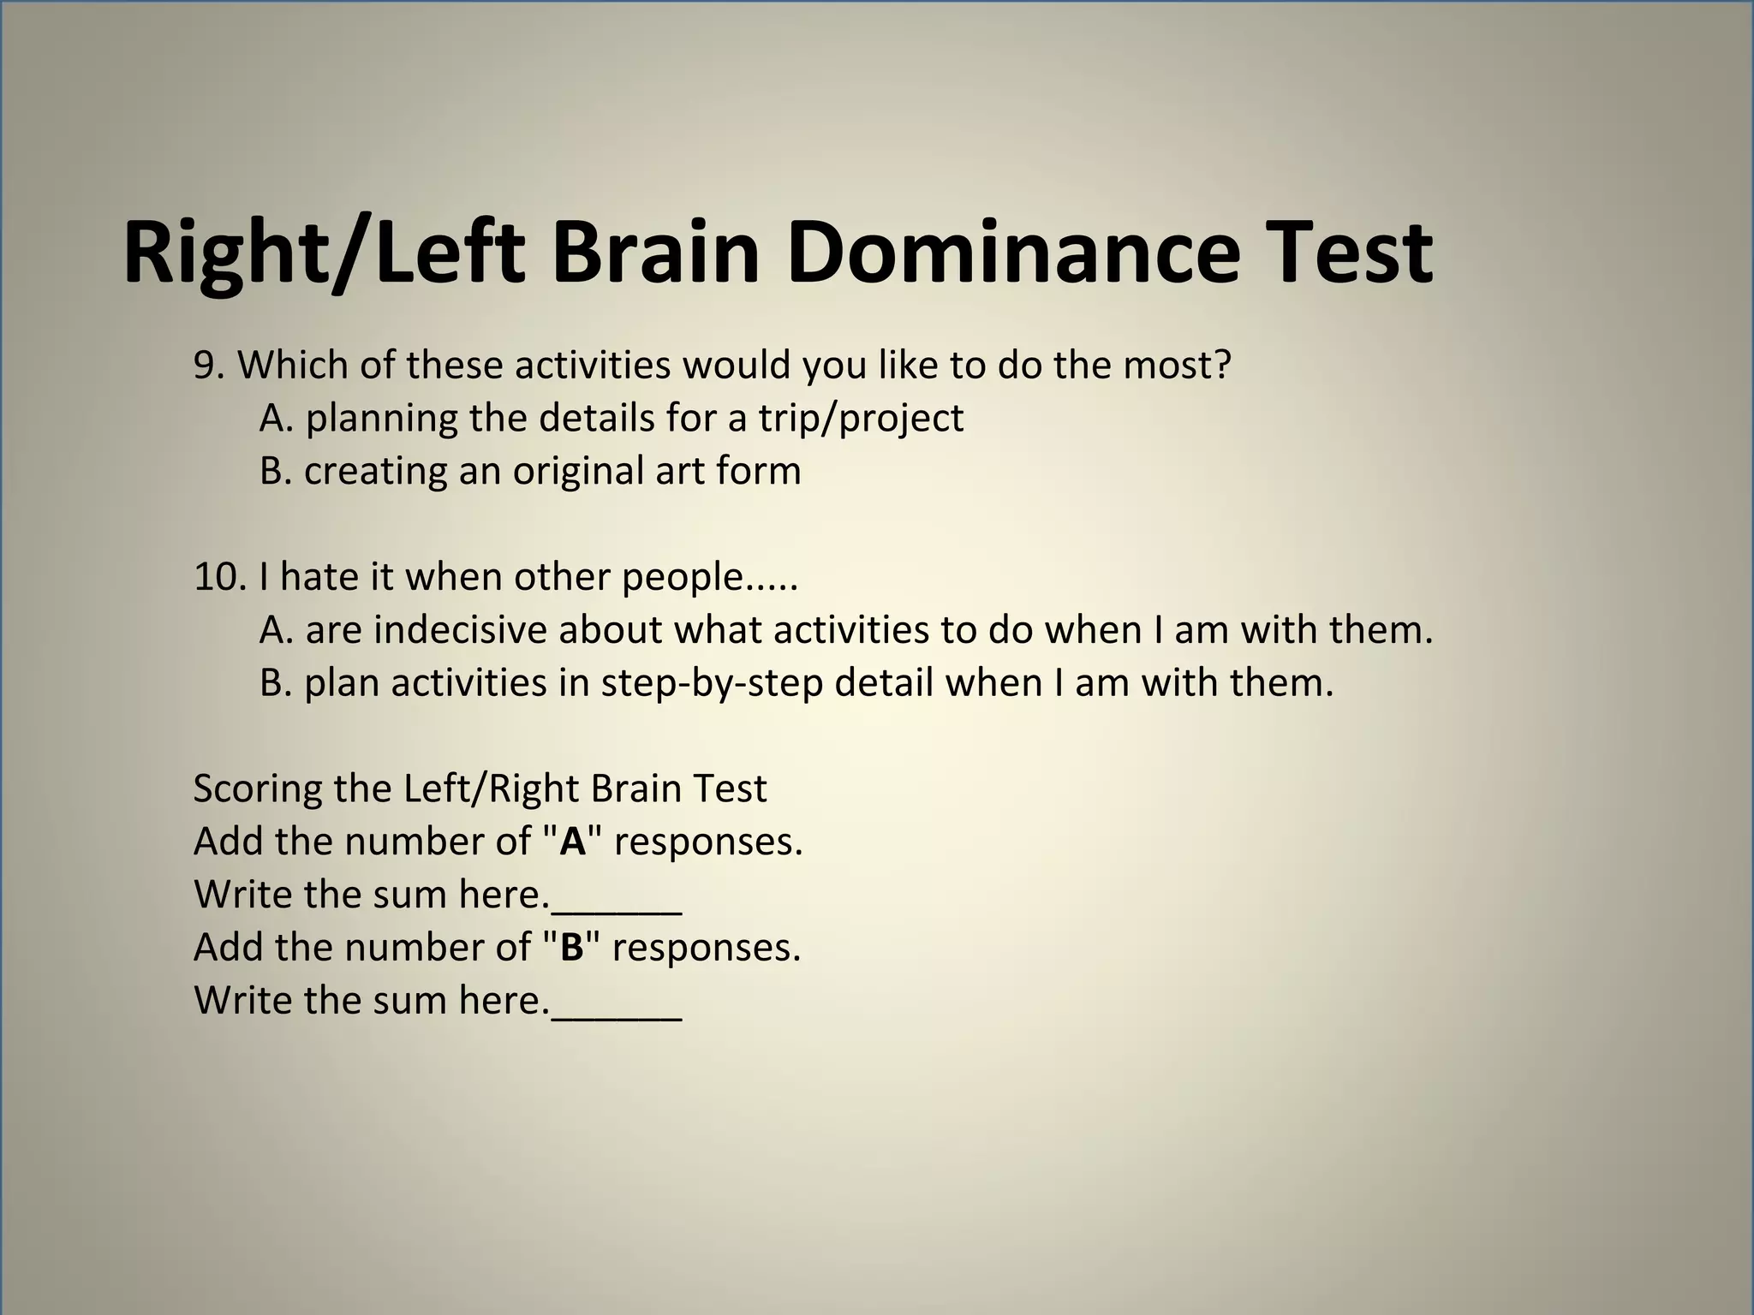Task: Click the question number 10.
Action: tap(219, 577)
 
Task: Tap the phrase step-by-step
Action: tap(711, 683)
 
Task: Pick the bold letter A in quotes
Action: tap(572, 842)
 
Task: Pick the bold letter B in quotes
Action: tap(571, 948)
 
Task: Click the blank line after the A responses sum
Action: tap(617, 907)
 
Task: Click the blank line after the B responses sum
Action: tap(617, 1014)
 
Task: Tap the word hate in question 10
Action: tap(316, 577)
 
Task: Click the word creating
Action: tap(375, 472)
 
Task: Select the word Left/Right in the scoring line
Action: tap(492, 788)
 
